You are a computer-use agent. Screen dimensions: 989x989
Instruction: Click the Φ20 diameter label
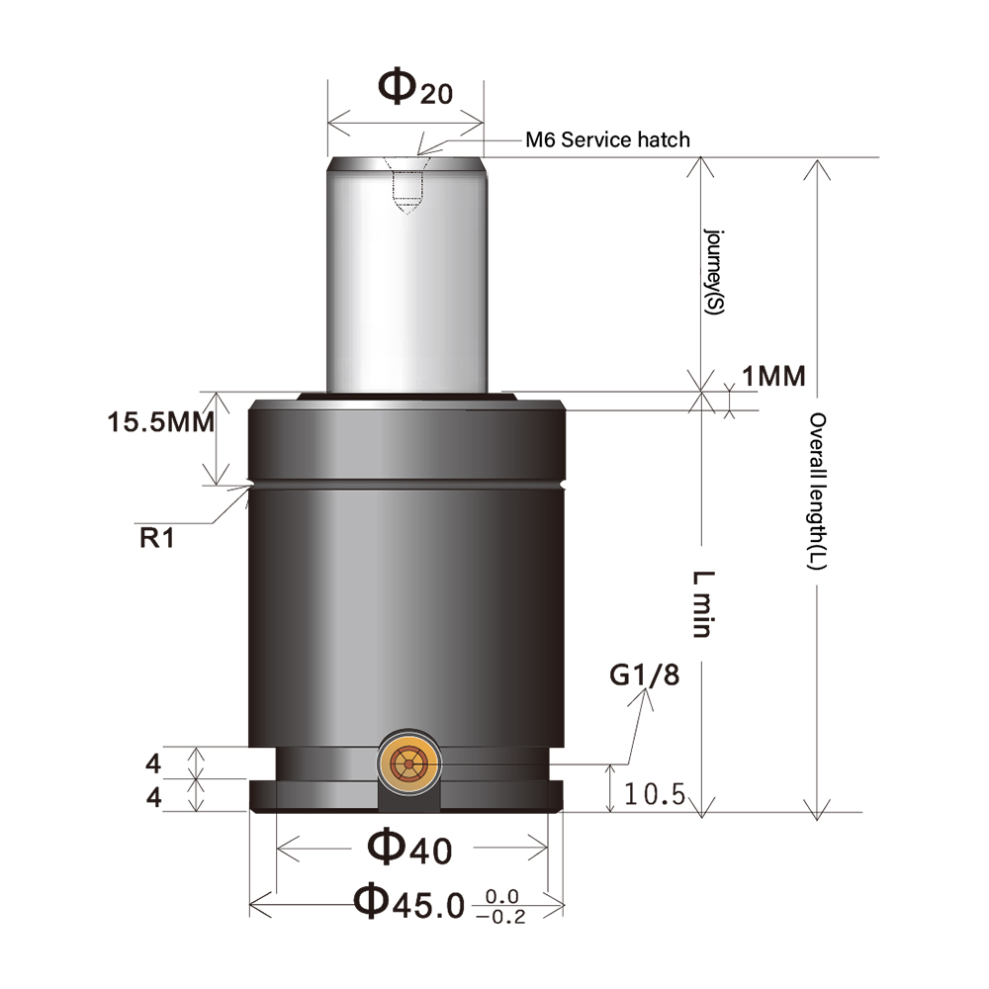pyautogui.click(x=414, y=89)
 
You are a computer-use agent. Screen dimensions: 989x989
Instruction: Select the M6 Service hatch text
pyautogui.click(x=606, y=139)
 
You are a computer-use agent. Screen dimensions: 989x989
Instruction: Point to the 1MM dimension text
pyautogui.click(x=773, y=376)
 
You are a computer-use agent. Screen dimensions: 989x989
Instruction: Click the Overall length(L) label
pyautogui.click(x=819, y=491)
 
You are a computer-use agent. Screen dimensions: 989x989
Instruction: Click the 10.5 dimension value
pyautogui.click(x=655, y=794)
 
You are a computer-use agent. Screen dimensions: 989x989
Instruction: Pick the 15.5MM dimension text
pyautogui.click(x=161, y=422)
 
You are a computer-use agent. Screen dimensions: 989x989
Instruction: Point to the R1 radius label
pyautogui.click(x=156, y=539)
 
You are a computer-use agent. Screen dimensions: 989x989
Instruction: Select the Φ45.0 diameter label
pyautogui.click(x=408, y=902)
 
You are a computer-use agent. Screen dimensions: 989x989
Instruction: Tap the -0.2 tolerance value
pyautogui.click(x=501, y=917)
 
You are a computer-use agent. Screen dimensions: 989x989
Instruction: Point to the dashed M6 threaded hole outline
pyautogui.click(x=406, y=191)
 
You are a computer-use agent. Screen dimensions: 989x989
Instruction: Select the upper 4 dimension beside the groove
pyautogui.click(x=153, y=764)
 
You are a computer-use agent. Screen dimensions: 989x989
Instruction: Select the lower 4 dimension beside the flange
pyautogui.click(x=153, y=796)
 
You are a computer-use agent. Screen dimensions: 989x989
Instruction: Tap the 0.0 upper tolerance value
pyautogui.click(x=502, y=896)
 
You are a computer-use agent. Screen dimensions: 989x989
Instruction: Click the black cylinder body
pyautogui.click(x=406, y=593)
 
